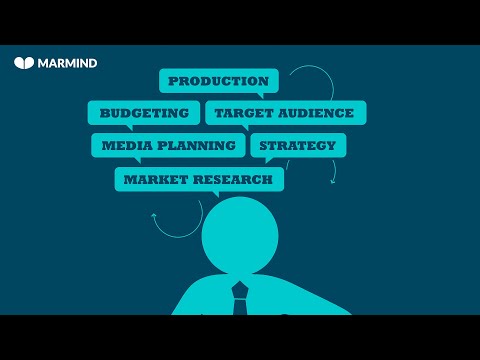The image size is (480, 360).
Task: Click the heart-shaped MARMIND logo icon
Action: pyautogui.click(x=25, y=62)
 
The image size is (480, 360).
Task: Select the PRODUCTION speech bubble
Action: pyautogui.click(x=218, y=81)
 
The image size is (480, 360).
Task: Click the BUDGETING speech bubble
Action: pyautogui.click(x=144, y=113)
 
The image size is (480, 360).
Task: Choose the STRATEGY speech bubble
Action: pyautogui.click(x=298, y=145)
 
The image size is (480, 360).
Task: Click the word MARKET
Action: pyautogui.click(x=150, y=179)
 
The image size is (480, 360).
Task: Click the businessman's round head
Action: pyautogui.click(x=240, y=236)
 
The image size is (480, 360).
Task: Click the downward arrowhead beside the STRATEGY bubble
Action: pyautogui.click(x=333, y=180)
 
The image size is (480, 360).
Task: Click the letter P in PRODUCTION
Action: pyautogui.click(x=173, y=81)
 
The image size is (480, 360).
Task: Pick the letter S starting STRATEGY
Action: pyautogui.click(x=264, y=145)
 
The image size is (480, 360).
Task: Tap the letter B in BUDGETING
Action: pyautogui.click(x=103, y=113)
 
